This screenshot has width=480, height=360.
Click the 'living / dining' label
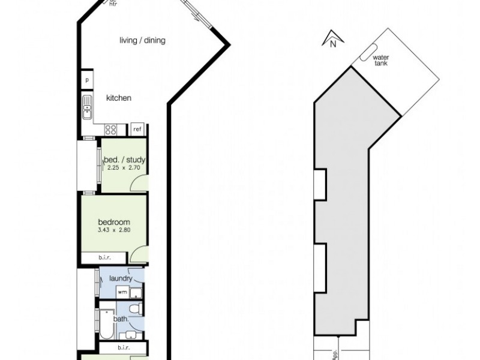[142, 41]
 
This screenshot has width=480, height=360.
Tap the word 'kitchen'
[119, 98]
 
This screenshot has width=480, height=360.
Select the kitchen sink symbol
[88, 106]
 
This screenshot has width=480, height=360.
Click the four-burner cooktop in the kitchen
[111, 129]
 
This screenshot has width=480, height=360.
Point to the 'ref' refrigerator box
[137, 129]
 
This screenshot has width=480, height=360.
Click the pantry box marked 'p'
[87, 80]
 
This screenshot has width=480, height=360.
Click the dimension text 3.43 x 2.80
[114, 230]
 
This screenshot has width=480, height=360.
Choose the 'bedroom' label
[114, 223]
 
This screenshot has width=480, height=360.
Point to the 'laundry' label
[121, 278]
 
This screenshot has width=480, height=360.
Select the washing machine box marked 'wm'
[122, 292]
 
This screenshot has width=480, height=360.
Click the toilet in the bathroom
[137, 308]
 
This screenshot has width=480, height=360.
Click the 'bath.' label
[121, 319]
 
